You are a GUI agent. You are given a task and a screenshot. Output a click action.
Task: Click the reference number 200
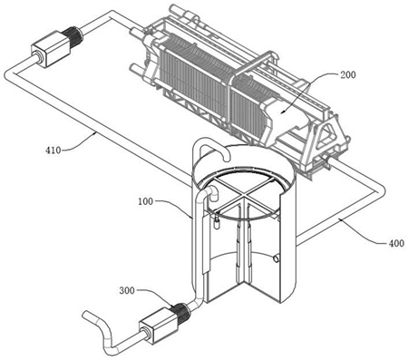pos(348,74)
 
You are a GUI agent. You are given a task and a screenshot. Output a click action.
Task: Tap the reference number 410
pos(53,150)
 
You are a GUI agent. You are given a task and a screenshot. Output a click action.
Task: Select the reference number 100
pos(146,201)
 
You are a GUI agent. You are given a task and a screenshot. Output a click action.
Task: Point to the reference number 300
pos(127,290)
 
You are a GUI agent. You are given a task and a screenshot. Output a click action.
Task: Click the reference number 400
pos(396,243)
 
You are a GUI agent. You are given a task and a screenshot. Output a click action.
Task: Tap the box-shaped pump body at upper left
pos(47,51)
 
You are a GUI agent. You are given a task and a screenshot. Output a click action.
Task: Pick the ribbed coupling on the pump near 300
pos(180,312)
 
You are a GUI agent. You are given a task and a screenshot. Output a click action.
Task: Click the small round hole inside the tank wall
pos(276,258)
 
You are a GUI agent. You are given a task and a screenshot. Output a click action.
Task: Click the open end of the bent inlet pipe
pos(85,314)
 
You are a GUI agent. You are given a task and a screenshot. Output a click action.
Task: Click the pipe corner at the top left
pos(112,15)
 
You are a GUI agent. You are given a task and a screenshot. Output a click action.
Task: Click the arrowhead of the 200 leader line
pos(281,112)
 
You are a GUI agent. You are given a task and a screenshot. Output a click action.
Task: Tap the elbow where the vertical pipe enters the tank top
pos(211,191)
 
